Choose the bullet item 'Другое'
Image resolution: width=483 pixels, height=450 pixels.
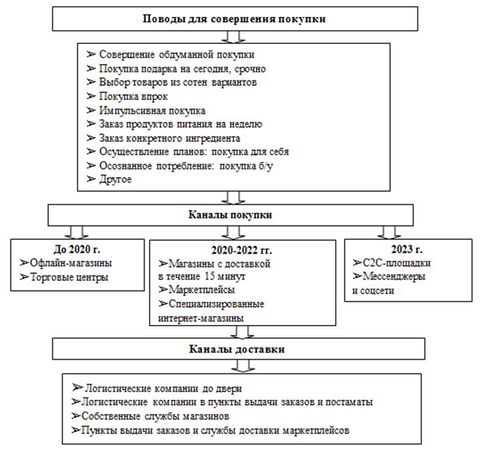[115, 179]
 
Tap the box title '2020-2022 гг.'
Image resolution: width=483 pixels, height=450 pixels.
[241, 249]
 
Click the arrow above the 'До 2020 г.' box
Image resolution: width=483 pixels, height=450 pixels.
[76, 231]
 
